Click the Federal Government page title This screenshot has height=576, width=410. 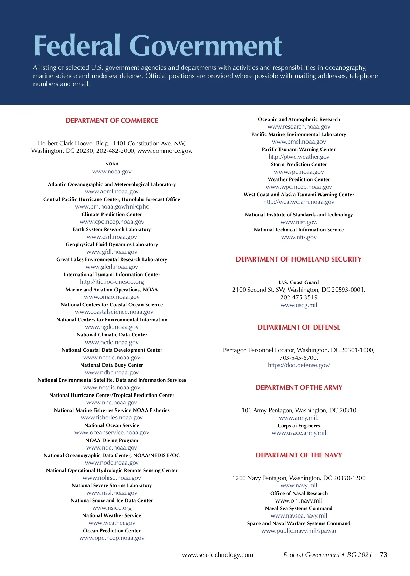(158, 45)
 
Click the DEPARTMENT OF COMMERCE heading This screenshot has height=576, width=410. (112, 121)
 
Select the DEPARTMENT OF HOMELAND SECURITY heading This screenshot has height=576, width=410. (299, 259)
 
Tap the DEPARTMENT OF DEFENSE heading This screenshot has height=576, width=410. (299, 327)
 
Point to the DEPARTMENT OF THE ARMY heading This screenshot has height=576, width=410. (299, 388)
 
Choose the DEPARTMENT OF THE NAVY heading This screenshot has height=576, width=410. (299, 455)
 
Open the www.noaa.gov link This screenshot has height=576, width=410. (112, 172)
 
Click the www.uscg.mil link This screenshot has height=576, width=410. (299, 305)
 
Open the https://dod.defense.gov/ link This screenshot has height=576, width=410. (299, 365)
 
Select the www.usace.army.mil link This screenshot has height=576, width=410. (299, 433)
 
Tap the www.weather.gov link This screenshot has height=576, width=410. (112, 523)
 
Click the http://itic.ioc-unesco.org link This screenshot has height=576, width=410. (112, 282)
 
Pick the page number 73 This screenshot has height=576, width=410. (383, 554)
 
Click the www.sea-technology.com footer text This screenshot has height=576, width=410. (218, 554)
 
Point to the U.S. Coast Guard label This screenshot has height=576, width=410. (299, 282)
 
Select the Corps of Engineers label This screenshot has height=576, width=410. (299, 426)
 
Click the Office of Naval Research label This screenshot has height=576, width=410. (299, 493)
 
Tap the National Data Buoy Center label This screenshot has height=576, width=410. (112, 365)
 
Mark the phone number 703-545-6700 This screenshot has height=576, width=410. (298, 358)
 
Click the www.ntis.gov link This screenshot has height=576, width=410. (299, 237)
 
